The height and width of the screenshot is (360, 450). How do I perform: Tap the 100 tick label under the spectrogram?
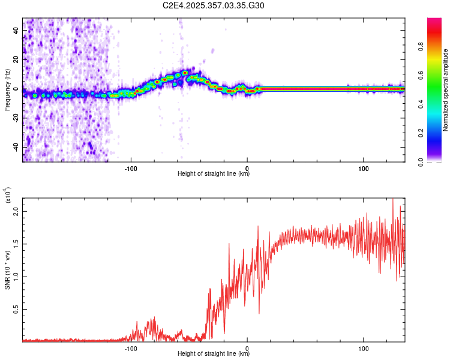click(x=363, y=169)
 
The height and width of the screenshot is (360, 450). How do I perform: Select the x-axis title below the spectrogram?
click(x=214, y=174)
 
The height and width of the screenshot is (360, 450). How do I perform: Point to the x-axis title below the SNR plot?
click(x=214, y=353)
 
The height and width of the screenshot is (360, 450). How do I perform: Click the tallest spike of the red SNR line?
click(x=393, y=200)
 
